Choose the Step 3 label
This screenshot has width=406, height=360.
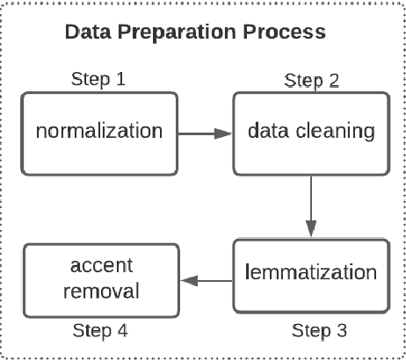[x=317, y=331]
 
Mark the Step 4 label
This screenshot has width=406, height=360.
[x=103, y=332]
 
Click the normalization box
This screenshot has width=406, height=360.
[x=98, y=133]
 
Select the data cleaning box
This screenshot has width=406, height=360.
[x=310, y=133]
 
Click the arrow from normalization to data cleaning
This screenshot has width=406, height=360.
[x=204, y=133]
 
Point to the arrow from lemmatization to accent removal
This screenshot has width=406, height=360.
[x=205, y=281]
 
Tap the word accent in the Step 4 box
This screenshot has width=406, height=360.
[x=99, y=264]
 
